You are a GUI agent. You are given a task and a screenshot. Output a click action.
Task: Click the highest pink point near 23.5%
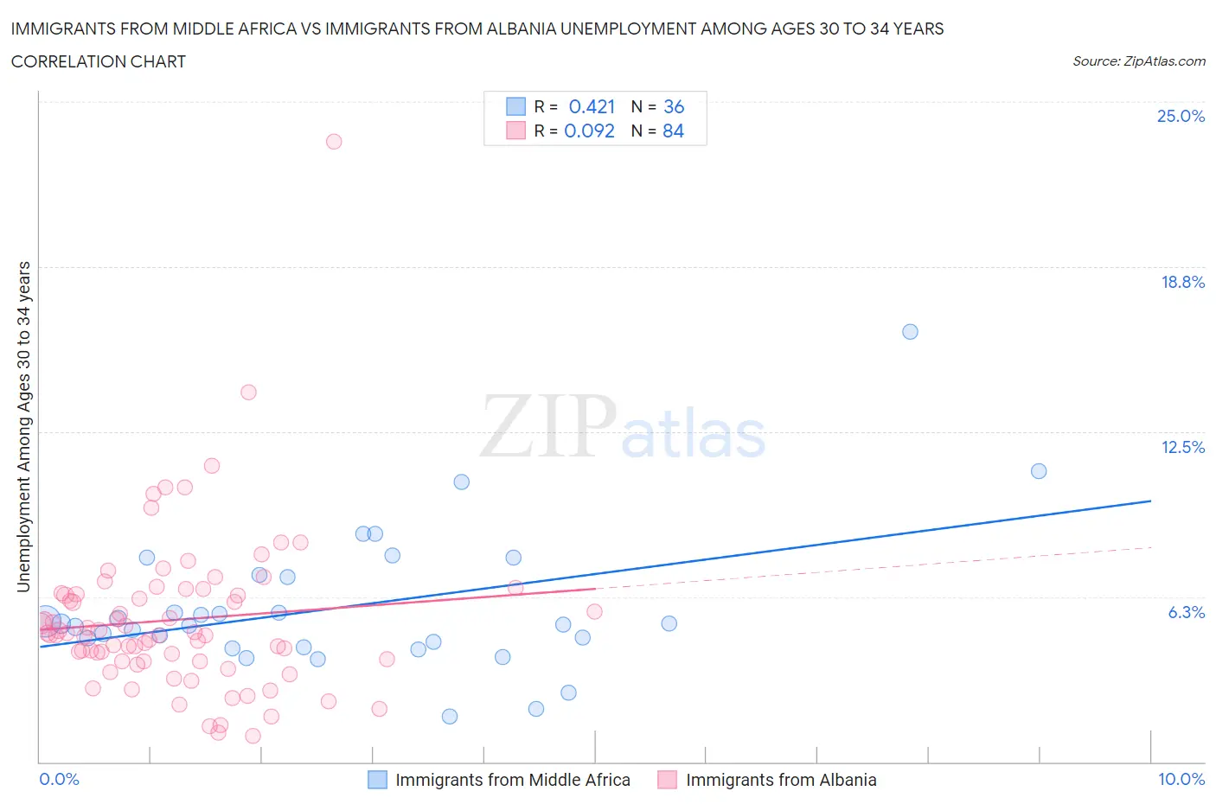pyautogui.click(x=334, y=142)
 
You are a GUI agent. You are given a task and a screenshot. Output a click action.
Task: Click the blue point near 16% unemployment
pyautogui.click(x=910, y=332)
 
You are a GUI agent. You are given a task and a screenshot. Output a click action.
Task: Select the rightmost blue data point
pyautogui.click(x=1039, y=471)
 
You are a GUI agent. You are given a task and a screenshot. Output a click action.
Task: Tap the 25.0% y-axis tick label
pyautogui.click(x=1181, y=117)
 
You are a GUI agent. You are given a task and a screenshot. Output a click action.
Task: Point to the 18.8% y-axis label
pyautogui.click(x=1182, y=283)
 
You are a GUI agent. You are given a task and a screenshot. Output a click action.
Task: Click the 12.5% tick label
pyautogui.click(x=1182, y=448)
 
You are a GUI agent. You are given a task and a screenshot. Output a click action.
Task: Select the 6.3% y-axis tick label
pyautogui.click(x=1186, y=613)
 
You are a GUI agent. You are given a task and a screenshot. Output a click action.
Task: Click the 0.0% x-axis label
pyautogui.click(x=59, y=780)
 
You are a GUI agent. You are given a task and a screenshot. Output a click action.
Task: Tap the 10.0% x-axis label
pyautogui.click(x=1181, y=780)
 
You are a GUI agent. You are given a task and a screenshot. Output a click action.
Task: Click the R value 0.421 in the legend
pyautogui.click(x=592, y=107)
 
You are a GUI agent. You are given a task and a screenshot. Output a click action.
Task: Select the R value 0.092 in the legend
pyautogui.click(x=589, y=131)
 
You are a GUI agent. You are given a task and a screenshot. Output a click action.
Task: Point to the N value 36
pyautogui.click(x=674, y=107)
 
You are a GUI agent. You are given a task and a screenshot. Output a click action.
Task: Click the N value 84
pyautogui.click(x=673, y=131)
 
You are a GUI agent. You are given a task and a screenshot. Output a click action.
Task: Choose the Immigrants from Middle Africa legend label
pyautogui.click(x=512, y=781)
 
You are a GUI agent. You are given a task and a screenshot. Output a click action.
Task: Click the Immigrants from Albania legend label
pyautogui.click(x=781, y=781)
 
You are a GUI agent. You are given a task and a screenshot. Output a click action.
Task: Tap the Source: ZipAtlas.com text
pyautogui.click(x=1138, y=61)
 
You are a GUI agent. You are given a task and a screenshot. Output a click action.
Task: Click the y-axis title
pyautogui.click(x=24, y=427)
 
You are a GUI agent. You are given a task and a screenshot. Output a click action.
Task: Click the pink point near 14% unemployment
pyautogui.click(x=248, y=392)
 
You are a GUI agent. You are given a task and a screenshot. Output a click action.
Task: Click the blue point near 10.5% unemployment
pyautogui.click(x=462, y=482)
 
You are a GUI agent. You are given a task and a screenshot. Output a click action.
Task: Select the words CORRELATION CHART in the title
pyautogui.click(x=99, y=62)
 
